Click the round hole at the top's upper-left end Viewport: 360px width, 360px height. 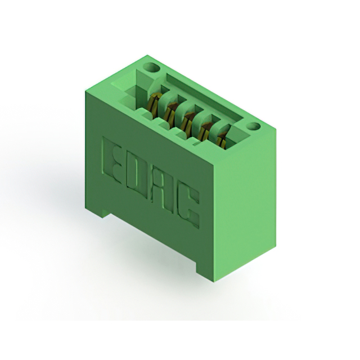(151, 67)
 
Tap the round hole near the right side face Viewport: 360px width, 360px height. (253, 126)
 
